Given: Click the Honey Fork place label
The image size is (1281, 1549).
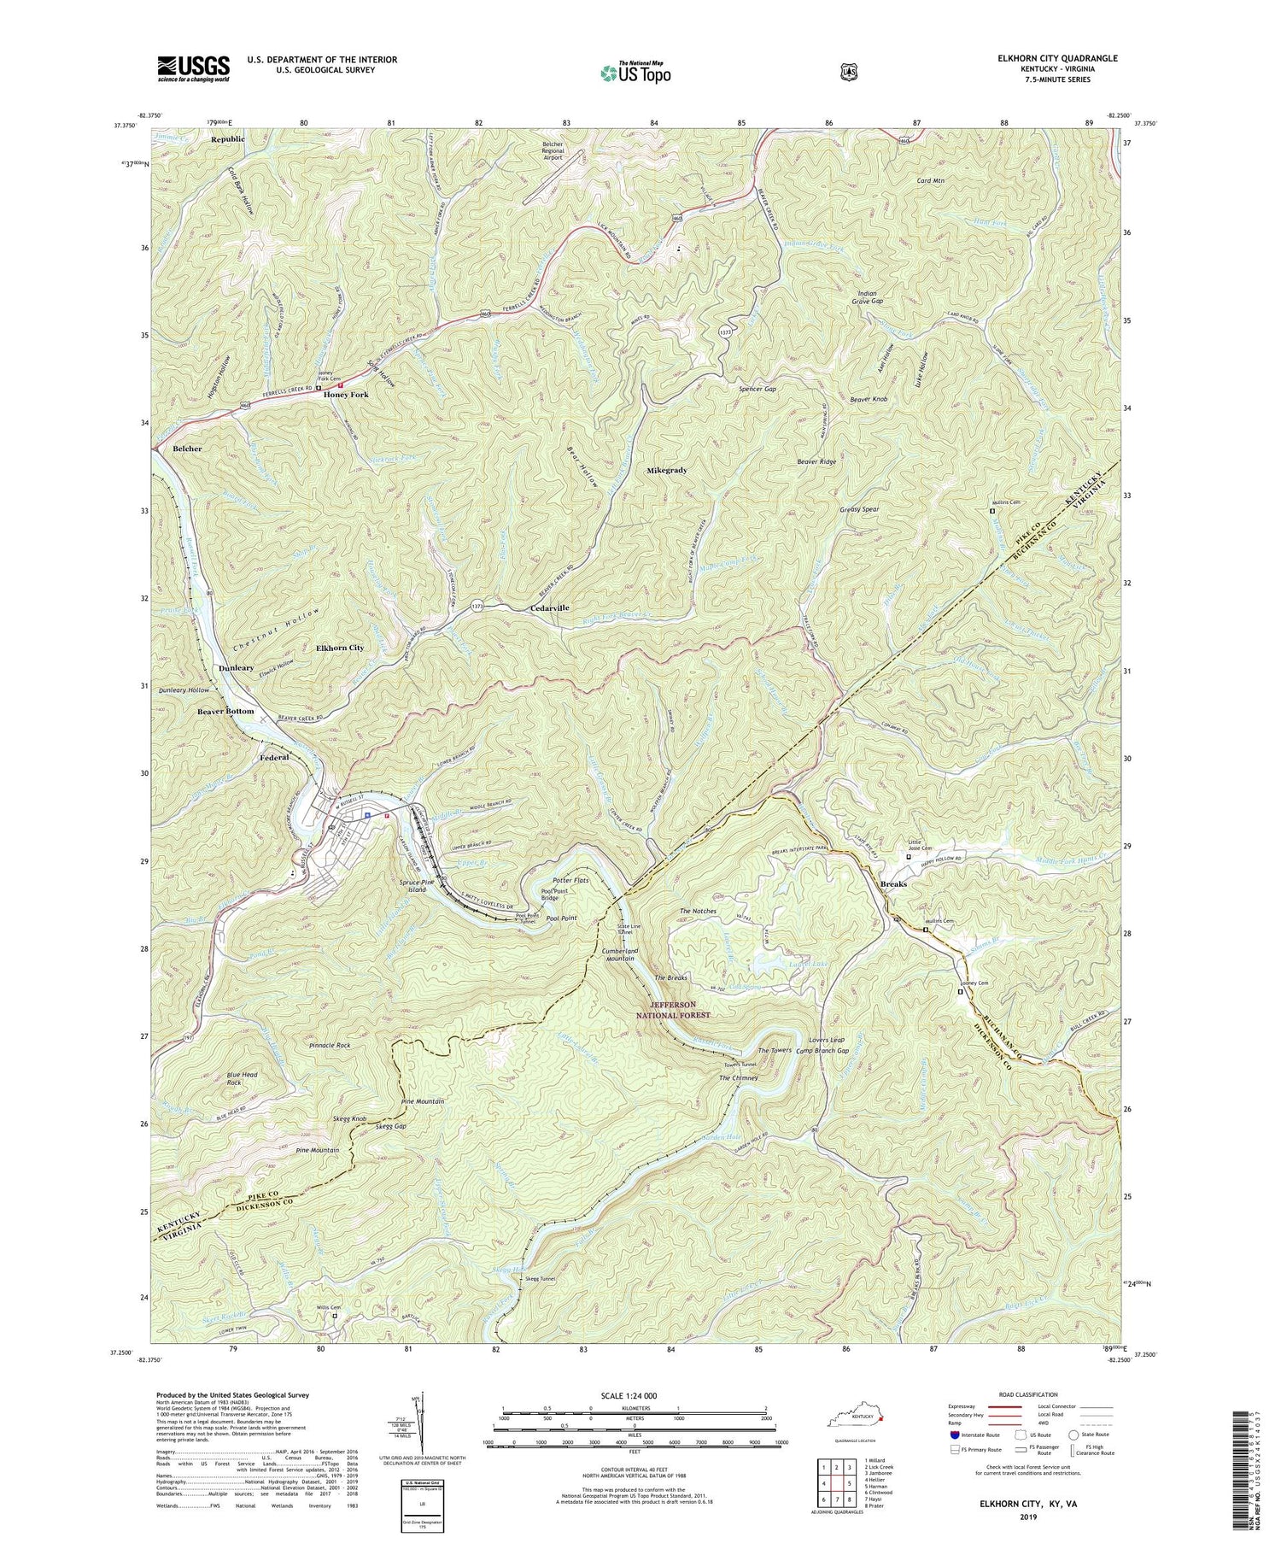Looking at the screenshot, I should (346, 396).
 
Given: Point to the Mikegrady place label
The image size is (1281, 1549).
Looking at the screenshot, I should (667, 470).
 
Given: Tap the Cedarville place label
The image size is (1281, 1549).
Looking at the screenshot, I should (545, 607).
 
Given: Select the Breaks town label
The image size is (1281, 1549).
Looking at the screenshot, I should (893, 883).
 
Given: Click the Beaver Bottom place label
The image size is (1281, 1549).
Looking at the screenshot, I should (225, 711).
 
